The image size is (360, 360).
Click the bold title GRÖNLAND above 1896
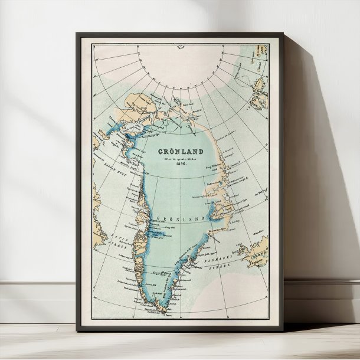coord(176,151)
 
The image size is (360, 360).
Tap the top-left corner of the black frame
coord(77,34)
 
